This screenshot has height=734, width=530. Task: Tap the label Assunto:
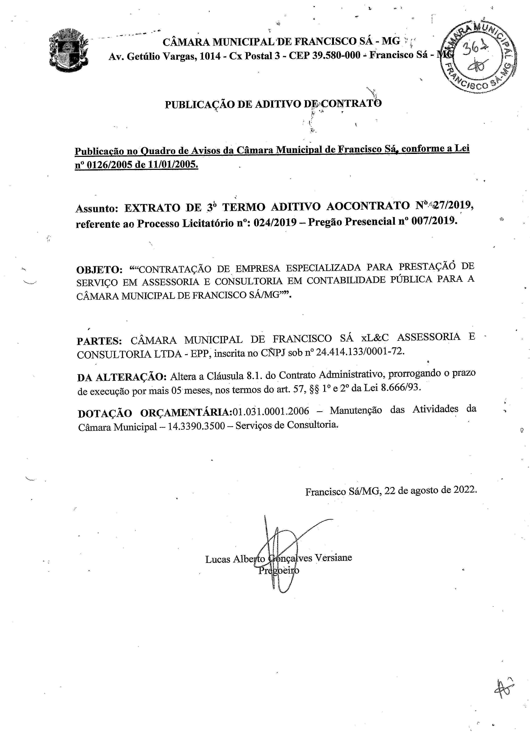coord(97,208)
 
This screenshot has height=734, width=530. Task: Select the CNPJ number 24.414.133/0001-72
coord(360,352)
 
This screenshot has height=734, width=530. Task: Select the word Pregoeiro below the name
coord(278,570)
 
